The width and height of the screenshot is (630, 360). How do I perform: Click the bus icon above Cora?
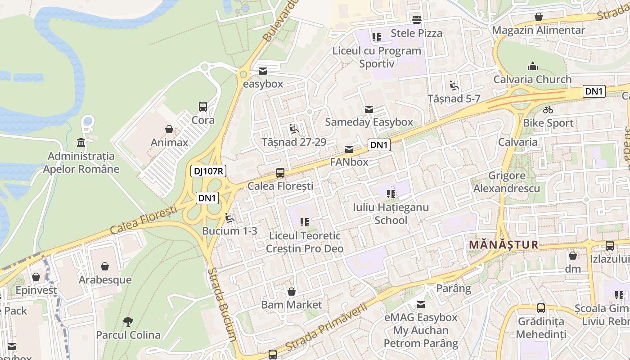(x=203, y=107)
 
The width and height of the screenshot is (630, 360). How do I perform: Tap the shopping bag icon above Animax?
(x=169, y=130)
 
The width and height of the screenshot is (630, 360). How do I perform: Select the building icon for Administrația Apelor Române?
(x=81, y=143)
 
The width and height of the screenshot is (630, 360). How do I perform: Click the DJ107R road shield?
(x=208, y=171)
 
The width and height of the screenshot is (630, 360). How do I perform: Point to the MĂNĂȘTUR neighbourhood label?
(x=504, y=245)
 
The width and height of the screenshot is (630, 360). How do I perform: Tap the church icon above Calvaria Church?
(x=533, y=67)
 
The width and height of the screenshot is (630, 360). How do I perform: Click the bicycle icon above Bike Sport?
(x=548, y=110)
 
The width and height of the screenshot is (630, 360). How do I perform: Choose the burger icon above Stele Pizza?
(x=416, y=20)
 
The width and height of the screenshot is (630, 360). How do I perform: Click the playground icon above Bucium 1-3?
(x=229, y=218)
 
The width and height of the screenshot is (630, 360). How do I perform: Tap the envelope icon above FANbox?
(x=349, y=149)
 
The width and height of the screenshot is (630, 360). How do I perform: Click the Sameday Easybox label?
(x=369, y=122)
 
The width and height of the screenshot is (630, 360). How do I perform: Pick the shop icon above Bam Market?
(x=292, y=292)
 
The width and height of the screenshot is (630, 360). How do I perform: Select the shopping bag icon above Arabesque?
(x=105, y=267)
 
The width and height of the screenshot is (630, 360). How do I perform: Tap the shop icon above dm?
(x=573, y=256)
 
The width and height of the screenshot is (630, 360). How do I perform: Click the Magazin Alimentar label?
(x=538, y=30)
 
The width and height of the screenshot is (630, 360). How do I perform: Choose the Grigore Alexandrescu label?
(x=507, y=182)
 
